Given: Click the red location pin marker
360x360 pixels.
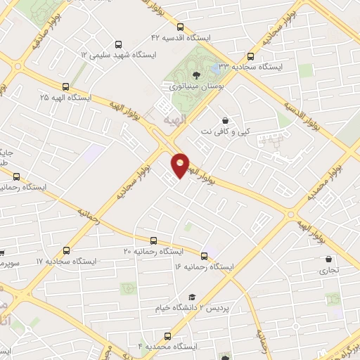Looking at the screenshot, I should tap(181, 165).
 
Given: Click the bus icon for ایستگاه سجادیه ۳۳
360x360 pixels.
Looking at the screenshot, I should tap(251, 57).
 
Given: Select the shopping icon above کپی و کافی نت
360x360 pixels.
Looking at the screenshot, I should tap(225, 120).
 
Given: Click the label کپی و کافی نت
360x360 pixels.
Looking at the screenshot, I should tap(226, 131).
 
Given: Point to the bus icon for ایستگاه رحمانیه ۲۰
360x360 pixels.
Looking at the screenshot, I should tap(153, 241).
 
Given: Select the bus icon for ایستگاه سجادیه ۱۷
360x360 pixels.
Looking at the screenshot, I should tap(67, 250).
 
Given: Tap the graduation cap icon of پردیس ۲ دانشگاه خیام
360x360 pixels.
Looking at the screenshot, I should tap(191, 297).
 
